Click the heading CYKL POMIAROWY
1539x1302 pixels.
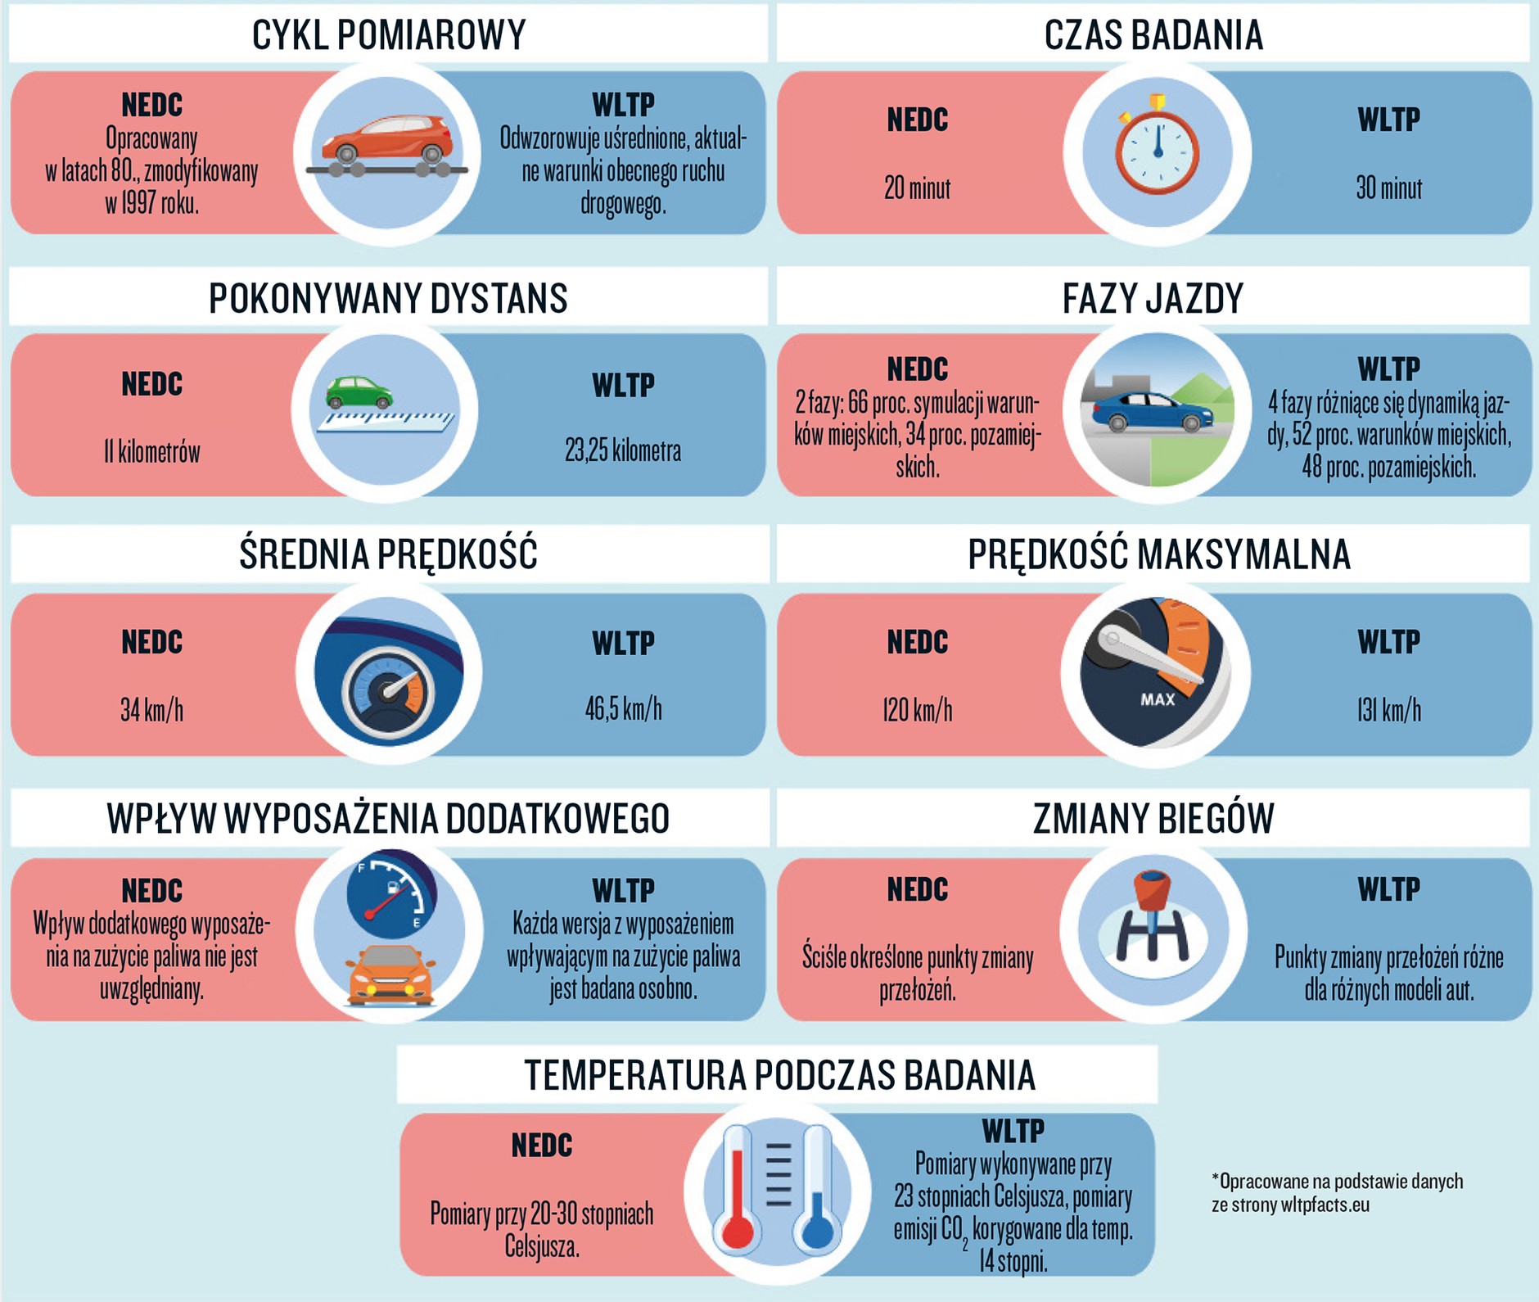(388, 35)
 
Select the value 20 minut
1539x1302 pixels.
(917, 189)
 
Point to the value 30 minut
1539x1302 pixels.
(1388, 189)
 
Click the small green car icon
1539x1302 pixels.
(359, 392)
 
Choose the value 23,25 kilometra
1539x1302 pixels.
(622, 450)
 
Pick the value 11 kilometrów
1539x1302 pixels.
(152, 451)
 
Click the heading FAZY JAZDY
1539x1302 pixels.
(1153, 298)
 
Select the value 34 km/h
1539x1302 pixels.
(152, 709)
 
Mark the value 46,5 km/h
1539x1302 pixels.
(623, 709)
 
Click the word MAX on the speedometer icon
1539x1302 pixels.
(1158, 699)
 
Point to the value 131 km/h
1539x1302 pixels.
(1388, 710)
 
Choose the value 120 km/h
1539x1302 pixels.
(917, 710)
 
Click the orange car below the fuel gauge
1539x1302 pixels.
(390, 974)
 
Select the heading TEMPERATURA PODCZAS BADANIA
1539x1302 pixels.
(779, 1075)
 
